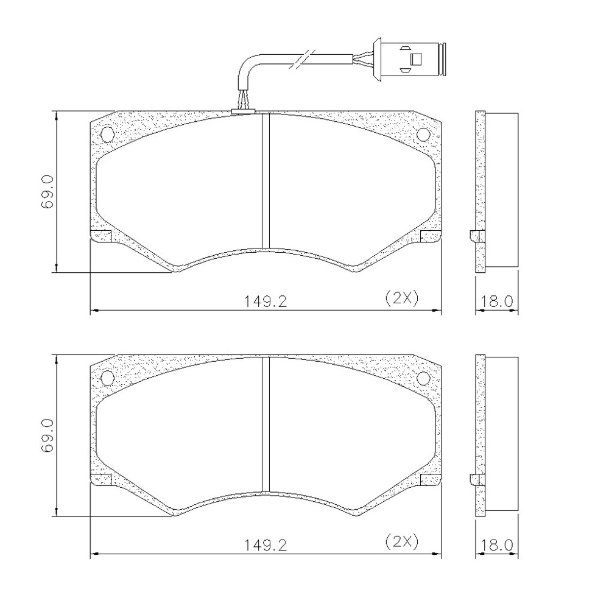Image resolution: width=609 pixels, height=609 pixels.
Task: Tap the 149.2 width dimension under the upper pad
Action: [266, 301]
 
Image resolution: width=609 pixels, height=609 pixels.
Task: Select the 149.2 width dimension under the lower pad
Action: [266, 545]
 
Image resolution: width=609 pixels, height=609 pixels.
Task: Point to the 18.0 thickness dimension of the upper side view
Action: [497, 301]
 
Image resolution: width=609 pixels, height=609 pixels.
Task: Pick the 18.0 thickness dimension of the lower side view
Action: [497, 545]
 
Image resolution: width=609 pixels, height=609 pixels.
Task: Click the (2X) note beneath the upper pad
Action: [402, 298]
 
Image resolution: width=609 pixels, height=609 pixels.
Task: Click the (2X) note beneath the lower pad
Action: [402, 542]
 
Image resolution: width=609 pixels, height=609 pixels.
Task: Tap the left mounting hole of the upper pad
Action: [107, 135]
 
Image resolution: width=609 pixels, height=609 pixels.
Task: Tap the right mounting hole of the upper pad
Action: [423, 135]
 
